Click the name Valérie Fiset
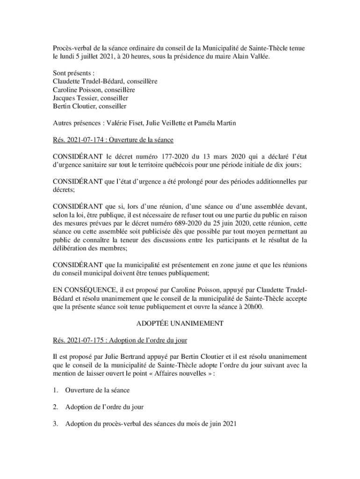(x=124, y=123)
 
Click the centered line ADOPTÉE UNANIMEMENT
(x=180, y=323)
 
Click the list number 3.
(x=55, y=424)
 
